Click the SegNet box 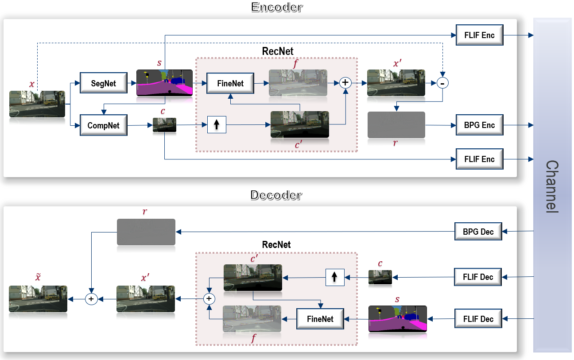(103, 83)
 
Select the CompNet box (103, 125)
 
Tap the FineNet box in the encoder (230, 83)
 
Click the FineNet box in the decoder (320, 319)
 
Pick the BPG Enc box (479, 125)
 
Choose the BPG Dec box (478, 231)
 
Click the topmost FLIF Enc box (479, 35)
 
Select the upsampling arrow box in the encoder (217, 124)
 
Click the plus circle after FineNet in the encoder (345, 82)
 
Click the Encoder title (277, 7)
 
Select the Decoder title (276, 195)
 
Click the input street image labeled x (37, 104)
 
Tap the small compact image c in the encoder (164, 125)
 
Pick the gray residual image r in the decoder (146, 232)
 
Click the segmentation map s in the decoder (397, 319)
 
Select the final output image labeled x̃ (38, 299)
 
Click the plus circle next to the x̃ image (91, 299)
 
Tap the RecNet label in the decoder (276, 245)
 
